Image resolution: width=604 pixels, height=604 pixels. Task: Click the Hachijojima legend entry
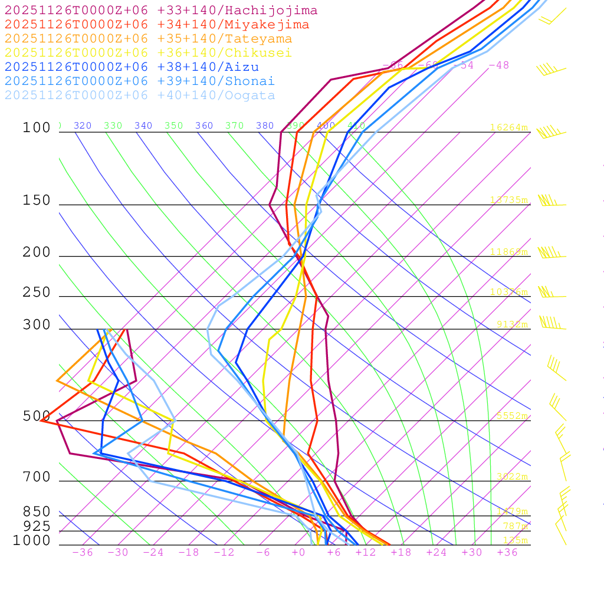(161, 11)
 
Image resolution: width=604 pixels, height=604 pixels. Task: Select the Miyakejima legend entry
(157, 25)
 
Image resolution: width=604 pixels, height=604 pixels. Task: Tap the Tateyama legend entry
(149, 39)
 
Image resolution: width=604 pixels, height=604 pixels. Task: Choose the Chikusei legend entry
(148, 53)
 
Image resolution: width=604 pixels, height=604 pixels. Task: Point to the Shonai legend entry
(140, 81)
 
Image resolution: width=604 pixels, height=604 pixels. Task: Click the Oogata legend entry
(140, 96)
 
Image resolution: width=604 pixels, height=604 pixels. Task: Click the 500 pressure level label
(37, 416)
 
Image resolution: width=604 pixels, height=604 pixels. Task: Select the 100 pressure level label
(37, 128)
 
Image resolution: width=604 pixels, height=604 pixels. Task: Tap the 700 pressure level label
(37, 477)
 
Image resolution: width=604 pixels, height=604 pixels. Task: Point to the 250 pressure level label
(37, 293)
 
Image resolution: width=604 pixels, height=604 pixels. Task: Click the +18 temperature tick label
(401, 553)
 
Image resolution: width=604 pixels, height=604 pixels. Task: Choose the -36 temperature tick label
(82, 553)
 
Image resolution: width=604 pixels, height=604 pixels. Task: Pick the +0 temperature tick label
(298, 553)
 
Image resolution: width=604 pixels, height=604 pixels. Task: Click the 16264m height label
(509, 127)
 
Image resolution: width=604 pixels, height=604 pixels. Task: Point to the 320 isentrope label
(83, 126)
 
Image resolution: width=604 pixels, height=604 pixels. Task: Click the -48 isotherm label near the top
(498, 65)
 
